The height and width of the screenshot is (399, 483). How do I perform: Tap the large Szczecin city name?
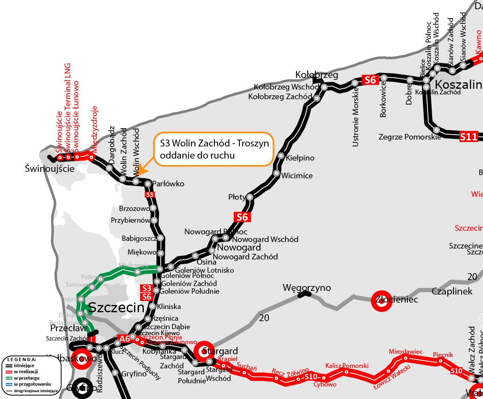coord(116,307)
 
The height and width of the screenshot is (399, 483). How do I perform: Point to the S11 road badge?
coord(468,137)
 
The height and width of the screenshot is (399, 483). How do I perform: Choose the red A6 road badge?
coord(124,338)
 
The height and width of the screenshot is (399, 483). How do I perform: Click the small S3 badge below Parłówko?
coord(149,194)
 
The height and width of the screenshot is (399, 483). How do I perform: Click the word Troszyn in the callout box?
coord(253,144)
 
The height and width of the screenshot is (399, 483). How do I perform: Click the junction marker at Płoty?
coord(250,197)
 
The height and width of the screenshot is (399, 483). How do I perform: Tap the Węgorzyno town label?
coord(307,288)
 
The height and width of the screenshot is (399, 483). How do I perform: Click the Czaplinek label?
coord(452,291)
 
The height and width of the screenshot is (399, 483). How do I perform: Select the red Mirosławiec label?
coord(405,352)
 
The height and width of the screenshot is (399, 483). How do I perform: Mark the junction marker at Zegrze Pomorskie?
coord(437,130)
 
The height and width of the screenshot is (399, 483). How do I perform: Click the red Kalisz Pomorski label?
coord(347,366)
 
